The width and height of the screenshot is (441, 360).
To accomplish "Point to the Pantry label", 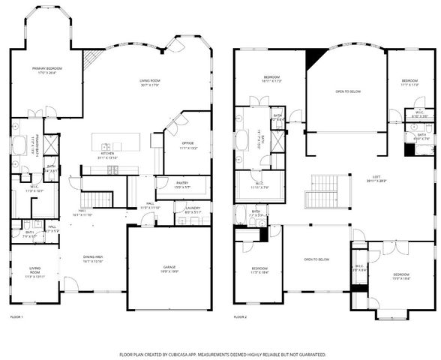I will [172, 184].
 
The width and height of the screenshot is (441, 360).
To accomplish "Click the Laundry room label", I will [192, 210].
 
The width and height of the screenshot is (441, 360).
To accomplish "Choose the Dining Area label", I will [93, 259].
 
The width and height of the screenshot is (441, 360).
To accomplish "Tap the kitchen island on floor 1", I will [112, 145].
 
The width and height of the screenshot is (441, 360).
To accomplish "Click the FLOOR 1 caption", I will [16, 317].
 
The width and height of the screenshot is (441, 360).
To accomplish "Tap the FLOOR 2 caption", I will [240, 317].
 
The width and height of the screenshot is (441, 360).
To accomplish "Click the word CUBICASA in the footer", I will [190, 354].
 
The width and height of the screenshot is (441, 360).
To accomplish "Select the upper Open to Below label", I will [347, 92].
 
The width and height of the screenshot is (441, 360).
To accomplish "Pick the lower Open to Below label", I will [316, 259].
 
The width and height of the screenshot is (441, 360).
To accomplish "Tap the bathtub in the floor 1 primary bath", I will [19, 144].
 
